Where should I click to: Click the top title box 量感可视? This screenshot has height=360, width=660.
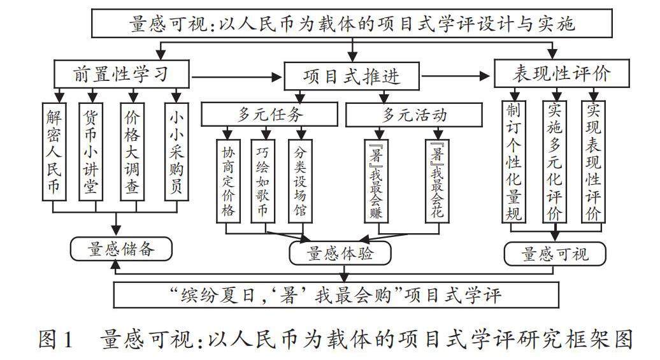pyautogui.click(x=352, y=25)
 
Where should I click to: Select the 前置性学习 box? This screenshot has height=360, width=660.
pyautogui.click(x=122, y=74)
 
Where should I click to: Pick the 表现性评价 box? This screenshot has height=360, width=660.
pyautogui.click(x=561, y=74)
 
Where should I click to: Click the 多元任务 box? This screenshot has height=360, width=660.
pyautogui.click(x=269, y=114)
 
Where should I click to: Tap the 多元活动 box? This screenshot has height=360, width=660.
pyautogui.click(x=413, y=114)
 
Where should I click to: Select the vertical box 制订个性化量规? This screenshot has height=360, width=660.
pyautogui.click(x=513, y=162)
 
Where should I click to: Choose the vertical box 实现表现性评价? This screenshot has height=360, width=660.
pyautogui.click(x=592, y=162)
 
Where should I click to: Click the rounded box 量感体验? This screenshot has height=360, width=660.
pyautogui.click(x=340, y=254)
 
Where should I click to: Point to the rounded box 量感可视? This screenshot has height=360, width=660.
pyautogui.click(x=554, y=254)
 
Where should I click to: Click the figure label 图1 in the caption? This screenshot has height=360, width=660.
pyautogui.click(x=57, y=339)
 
